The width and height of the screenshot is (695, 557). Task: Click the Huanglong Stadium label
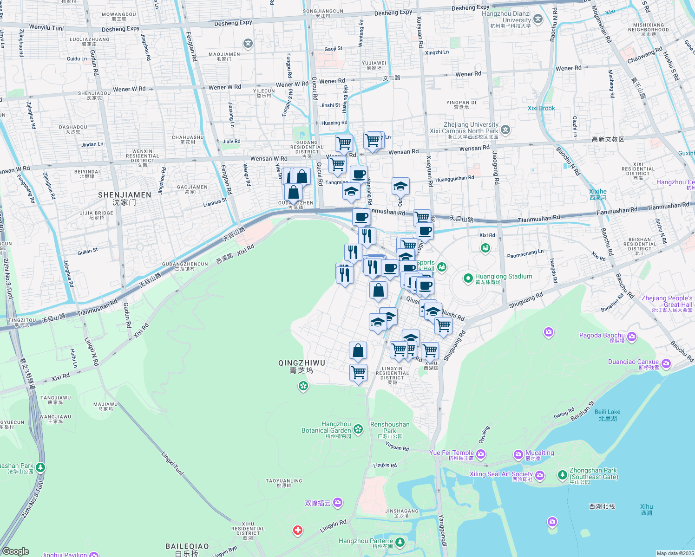pyautogui.click(x=504, y=277)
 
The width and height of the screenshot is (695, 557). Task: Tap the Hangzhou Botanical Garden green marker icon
pyautogui.click(x=358, y=429)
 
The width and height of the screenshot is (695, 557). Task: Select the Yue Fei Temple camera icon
pyautogui.click(x=481, y=453)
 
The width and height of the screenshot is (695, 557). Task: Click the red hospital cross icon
pyautogui.click(x=298, y=530)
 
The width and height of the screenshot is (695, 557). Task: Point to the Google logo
pyautogui.click(x=15, y=551)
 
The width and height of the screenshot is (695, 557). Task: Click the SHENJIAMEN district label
pyautogui.click(x=125, y=195)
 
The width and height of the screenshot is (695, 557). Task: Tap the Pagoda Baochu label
pyautogui.click(x=602, y=336)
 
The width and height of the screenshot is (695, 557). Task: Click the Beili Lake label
pyautogui.click(x=607, y=412)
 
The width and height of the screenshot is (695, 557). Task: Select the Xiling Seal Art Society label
pyautogui.click(x=501, y=474)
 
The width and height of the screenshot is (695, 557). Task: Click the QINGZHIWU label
pyautogui.click(x=302, y=363)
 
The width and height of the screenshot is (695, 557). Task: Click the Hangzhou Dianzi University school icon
pyautogui.click(x=538, y=19)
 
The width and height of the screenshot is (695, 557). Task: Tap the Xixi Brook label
pyautogui.click(x=541, y=109)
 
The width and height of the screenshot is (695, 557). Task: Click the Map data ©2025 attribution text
pyautogui.click(x=675, y=553)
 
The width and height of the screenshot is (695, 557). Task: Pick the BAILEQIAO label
pyautogui.click(x=187, y=547)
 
